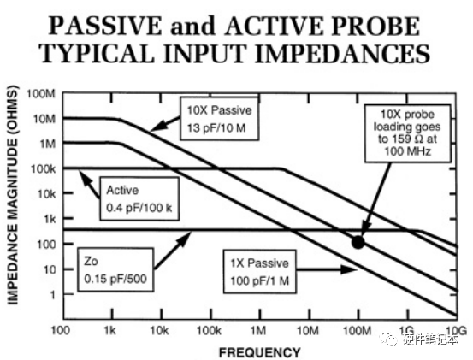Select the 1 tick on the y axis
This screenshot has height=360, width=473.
point(51,295)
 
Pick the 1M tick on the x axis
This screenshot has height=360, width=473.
point(258,330)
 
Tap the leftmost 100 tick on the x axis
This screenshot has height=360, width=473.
point(61,330)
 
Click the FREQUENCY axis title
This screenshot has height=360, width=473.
point(259,351)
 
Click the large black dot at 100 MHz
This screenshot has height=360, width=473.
point(358,242)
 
